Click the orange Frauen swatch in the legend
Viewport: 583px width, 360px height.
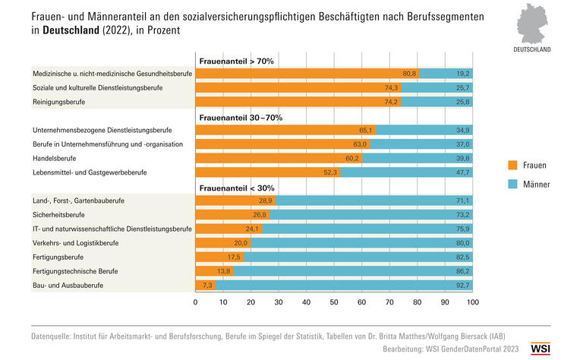[512, 165]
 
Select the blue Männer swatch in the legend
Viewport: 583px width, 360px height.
[512, 184]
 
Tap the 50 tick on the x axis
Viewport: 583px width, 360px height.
[334, 302]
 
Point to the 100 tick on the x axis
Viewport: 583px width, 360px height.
[472, 302]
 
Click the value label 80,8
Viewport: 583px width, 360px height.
[409, 73]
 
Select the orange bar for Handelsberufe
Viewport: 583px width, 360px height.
[279, 158]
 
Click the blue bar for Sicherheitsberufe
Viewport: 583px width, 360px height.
[371, 215]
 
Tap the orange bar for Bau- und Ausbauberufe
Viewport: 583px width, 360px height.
[205, 286]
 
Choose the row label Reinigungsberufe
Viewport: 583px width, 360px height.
[58, 101]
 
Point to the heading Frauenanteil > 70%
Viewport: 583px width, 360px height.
[236, 60]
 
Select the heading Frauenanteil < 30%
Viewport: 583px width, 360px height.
[236, 188]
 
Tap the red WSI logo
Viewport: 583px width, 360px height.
[540, 349]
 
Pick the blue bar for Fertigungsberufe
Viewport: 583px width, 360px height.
[358, 257]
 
